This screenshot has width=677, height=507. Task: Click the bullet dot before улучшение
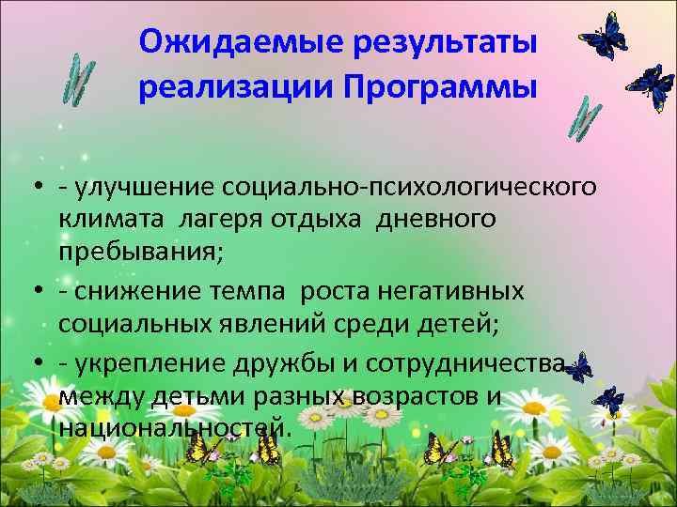(34, 188)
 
